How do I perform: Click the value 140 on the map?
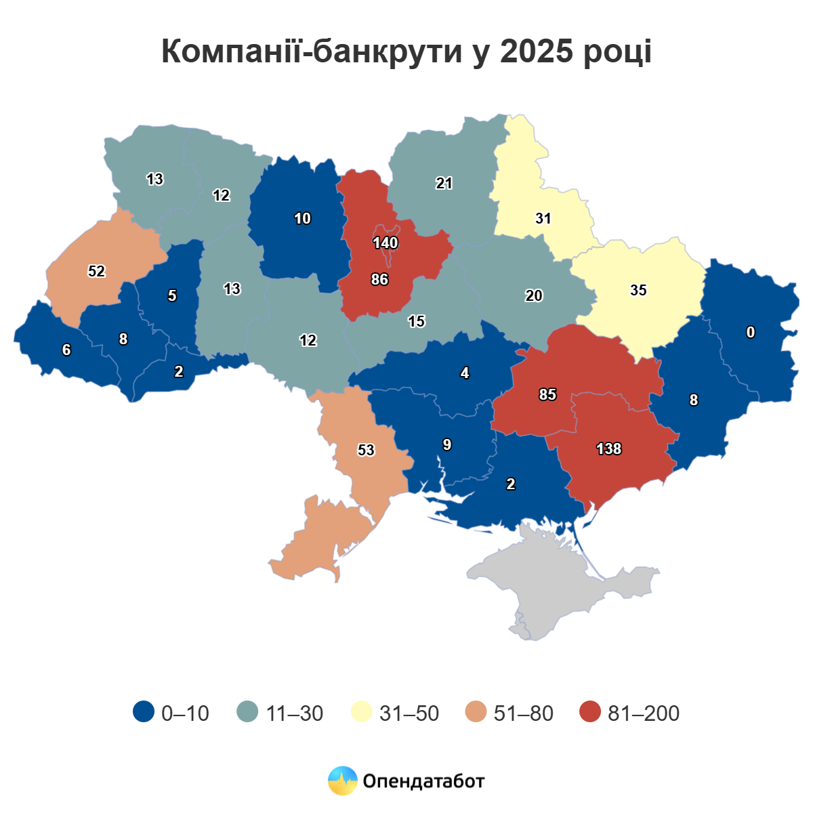385,243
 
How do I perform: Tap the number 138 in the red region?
608,449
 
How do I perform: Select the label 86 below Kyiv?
379,279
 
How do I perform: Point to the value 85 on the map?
547,394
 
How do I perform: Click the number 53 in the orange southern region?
366,450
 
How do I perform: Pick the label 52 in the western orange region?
96,271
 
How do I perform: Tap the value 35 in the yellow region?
638,290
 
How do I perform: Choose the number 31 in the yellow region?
543,218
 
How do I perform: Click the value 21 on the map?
444,183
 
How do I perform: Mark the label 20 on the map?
534,295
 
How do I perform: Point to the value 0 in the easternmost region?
750,332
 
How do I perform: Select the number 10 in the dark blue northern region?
302,218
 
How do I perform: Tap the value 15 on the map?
416,321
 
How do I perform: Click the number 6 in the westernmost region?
66,350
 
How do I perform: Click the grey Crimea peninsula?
562,583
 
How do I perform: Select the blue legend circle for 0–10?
144,712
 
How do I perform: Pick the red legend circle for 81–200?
591,712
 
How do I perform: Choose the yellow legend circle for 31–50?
362,712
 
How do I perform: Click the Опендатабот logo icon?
342,780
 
